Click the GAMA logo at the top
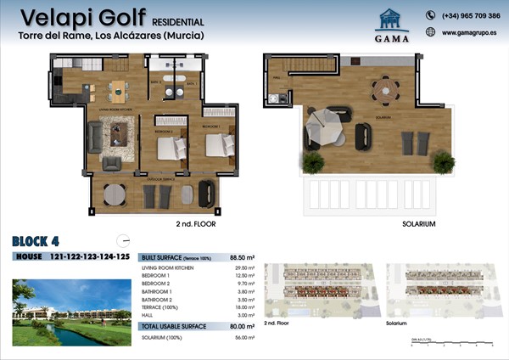point(391,25)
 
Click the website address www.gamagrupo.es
point(470,33)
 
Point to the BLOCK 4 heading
point(43,240)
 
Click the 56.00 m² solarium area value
point(243,337)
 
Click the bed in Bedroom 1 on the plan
point(220,145)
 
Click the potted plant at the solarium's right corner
point(443,160)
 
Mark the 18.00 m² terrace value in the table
point(244,306)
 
